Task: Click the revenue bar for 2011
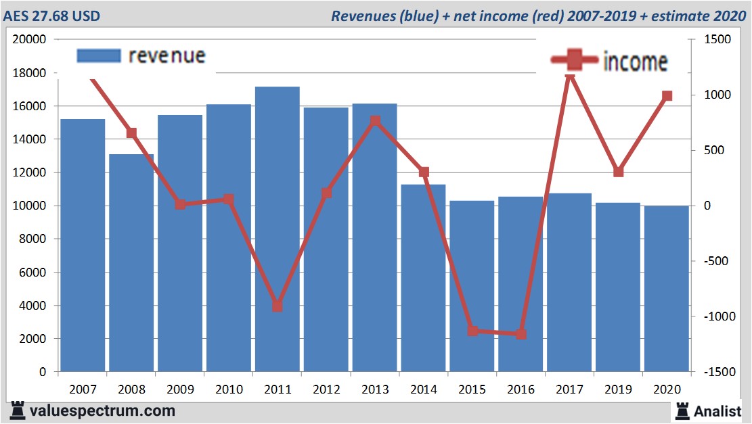[278, 230]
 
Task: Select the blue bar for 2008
[131, 264]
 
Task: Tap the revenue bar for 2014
[423, 277]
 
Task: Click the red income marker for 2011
[278, 306]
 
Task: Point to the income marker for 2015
[472, 331]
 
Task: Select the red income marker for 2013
[375, 121]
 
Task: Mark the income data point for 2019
[618, 172]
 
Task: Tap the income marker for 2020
[667, 96]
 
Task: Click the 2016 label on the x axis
[521, 390]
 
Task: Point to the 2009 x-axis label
[180, 390]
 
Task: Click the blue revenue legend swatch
[98, 55]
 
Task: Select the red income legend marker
[574, 61]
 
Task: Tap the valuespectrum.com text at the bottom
[102, 410]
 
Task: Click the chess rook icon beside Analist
[682, 410]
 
